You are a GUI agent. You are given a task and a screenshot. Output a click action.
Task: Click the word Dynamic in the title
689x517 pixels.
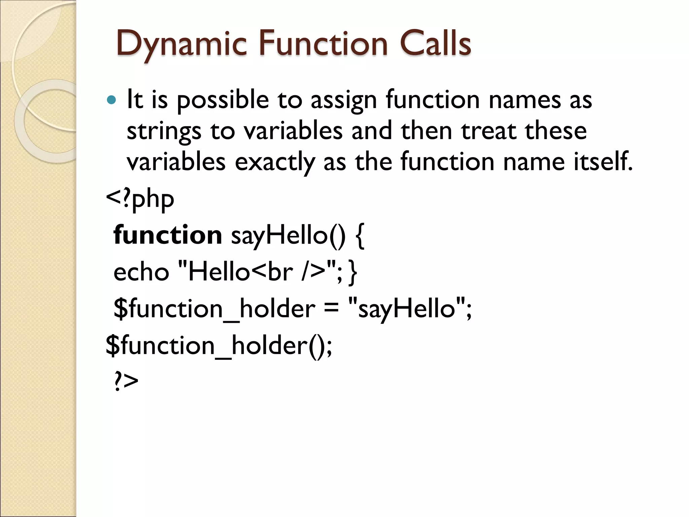(x=182, y=44)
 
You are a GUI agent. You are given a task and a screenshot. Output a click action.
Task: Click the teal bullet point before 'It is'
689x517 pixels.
(x=111, y=100)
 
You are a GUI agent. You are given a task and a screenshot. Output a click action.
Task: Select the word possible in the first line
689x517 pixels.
(x=223, y=100)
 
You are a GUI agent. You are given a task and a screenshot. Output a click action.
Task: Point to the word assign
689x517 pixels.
(x=343, y=100)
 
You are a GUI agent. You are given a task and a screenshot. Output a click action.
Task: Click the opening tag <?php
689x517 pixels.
(x=140, y=199)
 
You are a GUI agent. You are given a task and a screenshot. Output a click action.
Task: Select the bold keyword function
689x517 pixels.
(x=168, y=235)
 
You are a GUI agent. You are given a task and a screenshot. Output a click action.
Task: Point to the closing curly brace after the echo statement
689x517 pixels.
(x=353, y=272)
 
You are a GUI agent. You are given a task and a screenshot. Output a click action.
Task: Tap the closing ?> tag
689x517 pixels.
(x=126, y=381)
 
